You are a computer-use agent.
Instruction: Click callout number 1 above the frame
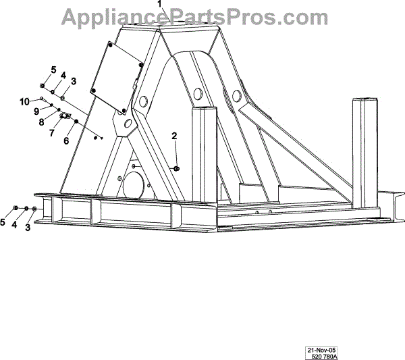[x=160, y=4]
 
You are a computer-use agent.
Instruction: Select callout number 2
[x=174, y=137]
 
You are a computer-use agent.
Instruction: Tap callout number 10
[x=24, y=101]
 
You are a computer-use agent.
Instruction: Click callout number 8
[x=41, y=122]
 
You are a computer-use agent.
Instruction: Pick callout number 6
[x=67, y=140]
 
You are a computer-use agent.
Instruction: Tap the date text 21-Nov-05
[x=321, y=350]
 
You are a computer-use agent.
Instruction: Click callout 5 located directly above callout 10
[x=53, y=70]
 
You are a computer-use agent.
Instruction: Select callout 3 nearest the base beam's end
[x=28, y=228]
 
